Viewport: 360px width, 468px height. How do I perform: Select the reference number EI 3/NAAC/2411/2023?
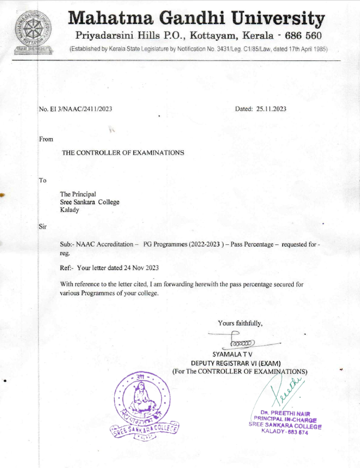click(x=76, y=109)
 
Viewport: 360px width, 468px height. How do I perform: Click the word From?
click(x=46, y=139)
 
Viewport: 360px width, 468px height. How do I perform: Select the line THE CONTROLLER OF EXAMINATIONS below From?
click(x=123, y=153)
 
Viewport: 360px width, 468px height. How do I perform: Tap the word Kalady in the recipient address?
click(x=70, y=210)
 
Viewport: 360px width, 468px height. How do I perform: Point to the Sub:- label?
click(x=67, y=245)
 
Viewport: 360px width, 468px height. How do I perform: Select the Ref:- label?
click(x=67, y=268)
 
